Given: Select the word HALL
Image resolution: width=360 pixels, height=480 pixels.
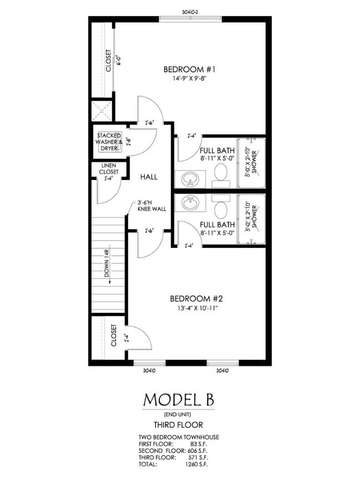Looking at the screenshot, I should coord(148,177).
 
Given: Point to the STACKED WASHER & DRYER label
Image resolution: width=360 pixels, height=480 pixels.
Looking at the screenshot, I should coord(109,142).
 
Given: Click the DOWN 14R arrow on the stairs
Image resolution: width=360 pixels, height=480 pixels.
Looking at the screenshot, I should coord(109,266).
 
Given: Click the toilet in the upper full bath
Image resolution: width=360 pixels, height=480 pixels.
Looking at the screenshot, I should coord(220,174).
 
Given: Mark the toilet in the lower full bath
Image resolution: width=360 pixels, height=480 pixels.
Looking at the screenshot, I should coord(220,209).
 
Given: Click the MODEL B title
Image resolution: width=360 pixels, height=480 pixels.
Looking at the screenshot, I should coord(178,399).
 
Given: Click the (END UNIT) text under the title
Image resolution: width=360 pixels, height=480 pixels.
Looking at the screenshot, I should coord(178,415).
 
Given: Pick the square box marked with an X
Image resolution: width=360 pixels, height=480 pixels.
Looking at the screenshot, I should coord(102,110).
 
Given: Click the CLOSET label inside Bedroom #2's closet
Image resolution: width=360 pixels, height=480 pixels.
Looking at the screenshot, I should coord(114,336).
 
